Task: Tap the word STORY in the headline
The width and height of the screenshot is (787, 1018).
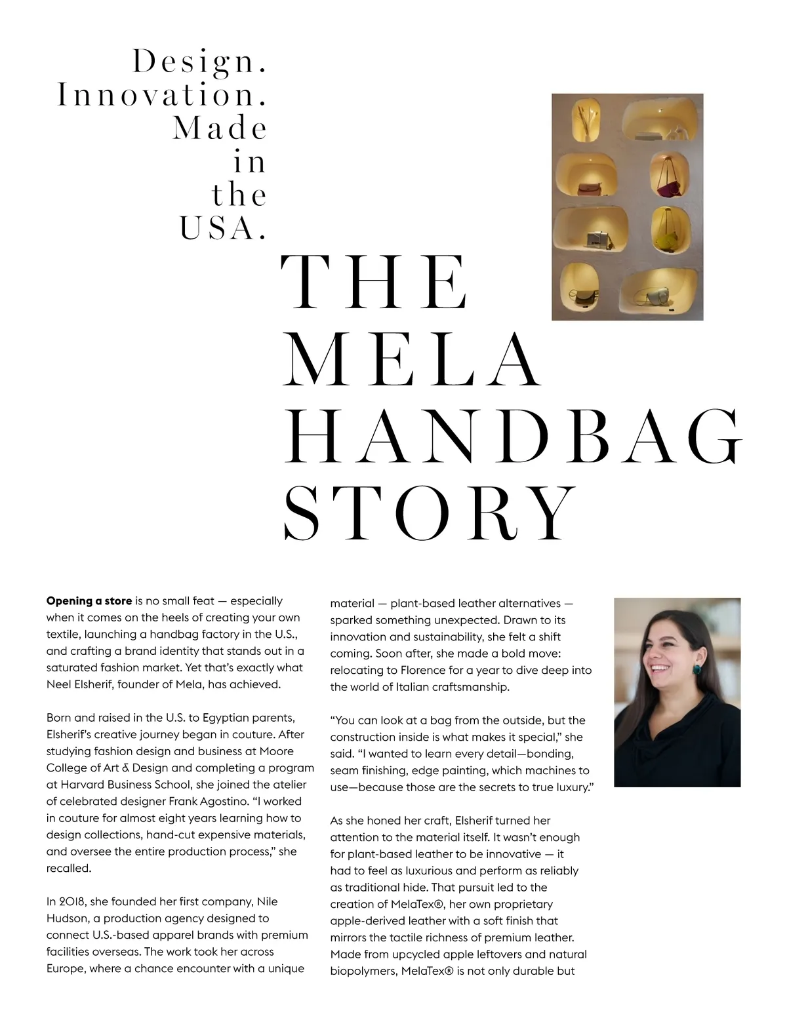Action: point(430,513)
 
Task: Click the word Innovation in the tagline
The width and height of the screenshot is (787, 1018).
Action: point(162,95)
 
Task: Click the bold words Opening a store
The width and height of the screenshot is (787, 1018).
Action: point(89,601)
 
